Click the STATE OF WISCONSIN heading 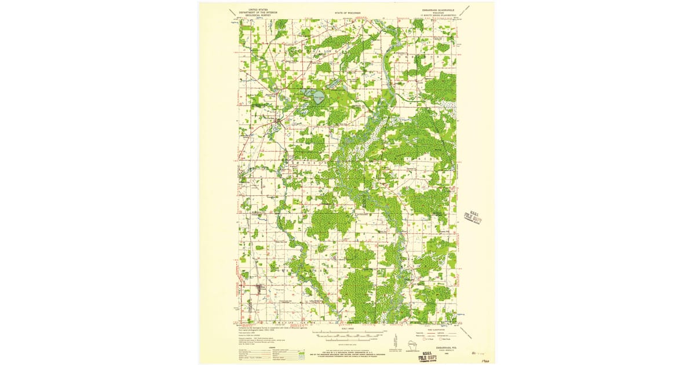tap(348, 12)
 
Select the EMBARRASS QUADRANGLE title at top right tap(431, 9)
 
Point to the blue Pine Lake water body tap(318, 98)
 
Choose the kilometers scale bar tap(348, 339)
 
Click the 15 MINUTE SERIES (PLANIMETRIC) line tap(431, 16)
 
